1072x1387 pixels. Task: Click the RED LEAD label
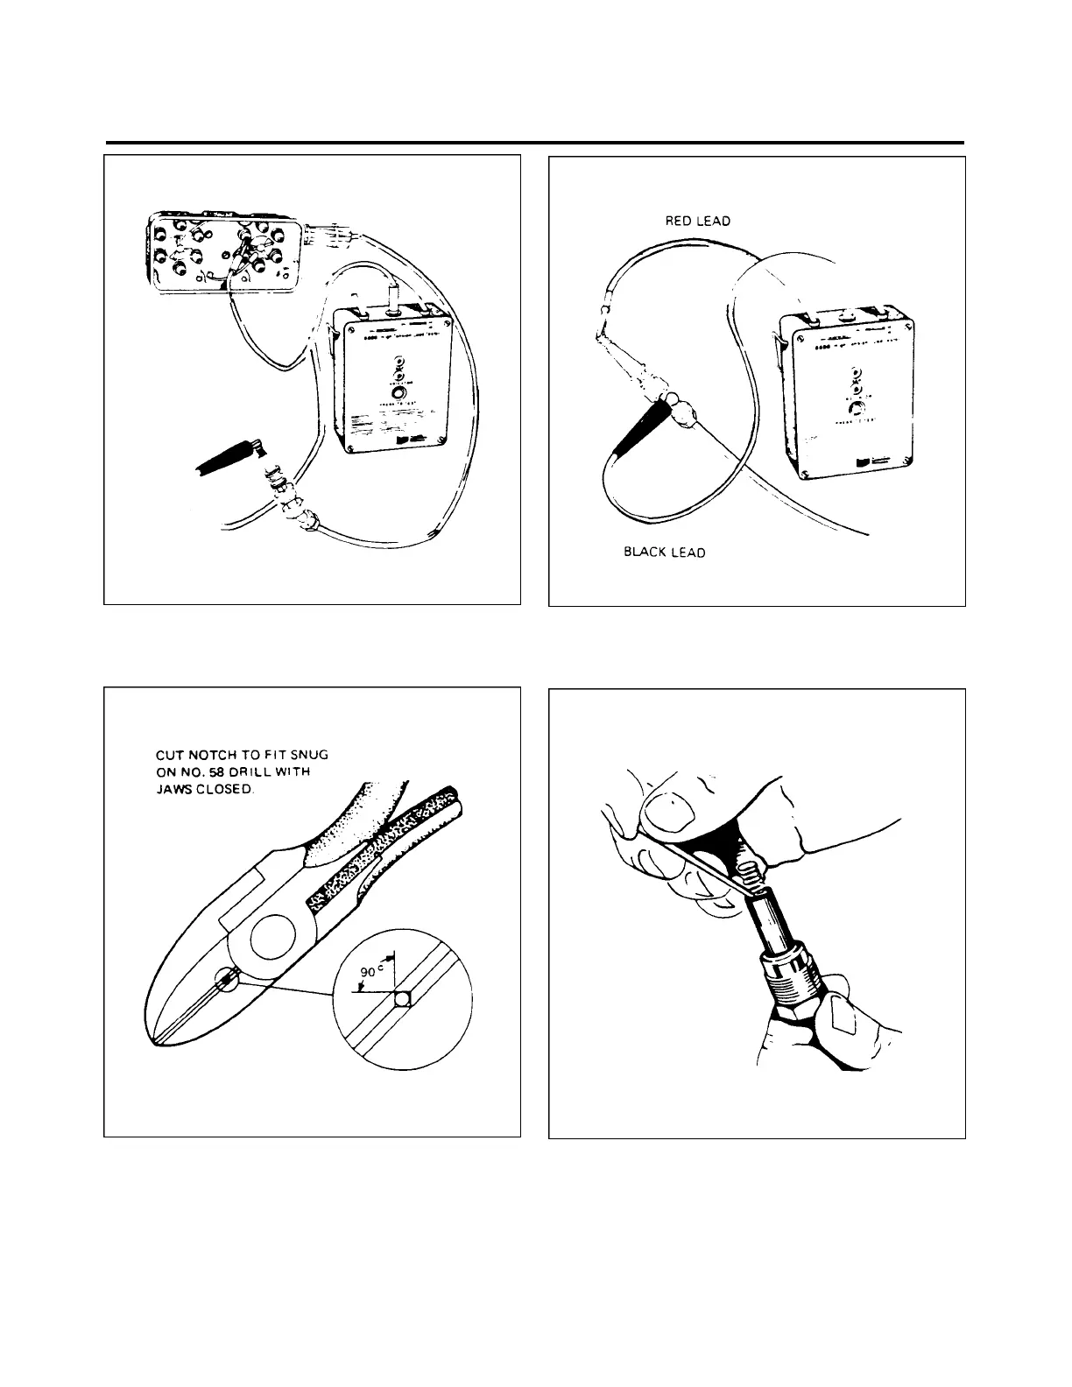coord(698,222)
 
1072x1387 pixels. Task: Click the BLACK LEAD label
coord(664,553)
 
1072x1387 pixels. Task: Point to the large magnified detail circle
coord(404,1001)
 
